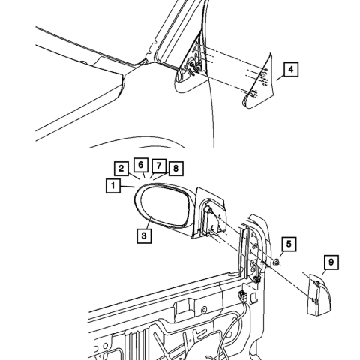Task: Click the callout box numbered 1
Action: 113,186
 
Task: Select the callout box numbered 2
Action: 121,169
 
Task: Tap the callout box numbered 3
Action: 144,235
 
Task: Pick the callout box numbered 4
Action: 291,69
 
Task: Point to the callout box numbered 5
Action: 289,244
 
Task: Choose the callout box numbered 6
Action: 141,165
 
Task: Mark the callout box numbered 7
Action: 159,165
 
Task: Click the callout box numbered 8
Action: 176,169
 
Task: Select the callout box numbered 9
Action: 331,262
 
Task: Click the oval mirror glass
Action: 163,205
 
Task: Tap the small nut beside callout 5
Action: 276,262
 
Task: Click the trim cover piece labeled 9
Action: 319,295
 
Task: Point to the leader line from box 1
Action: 127,186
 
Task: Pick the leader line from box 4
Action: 280,78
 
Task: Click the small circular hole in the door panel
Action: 204,310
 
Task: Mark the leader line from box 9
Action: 324,271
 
